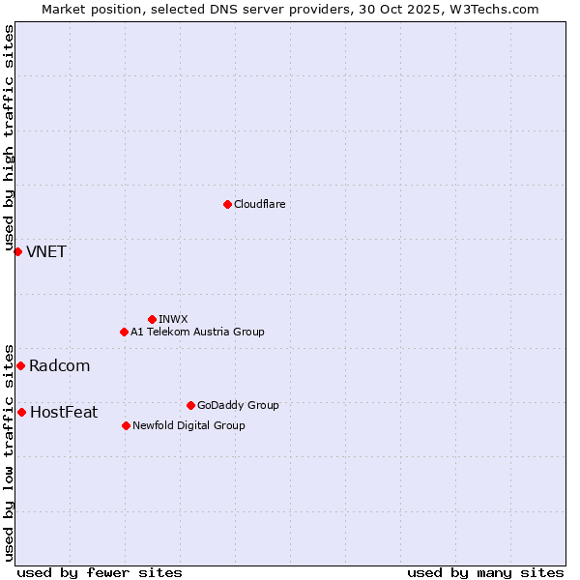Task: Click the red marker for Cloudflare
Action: (227, 204)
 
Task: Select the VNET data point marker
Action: (17, 251)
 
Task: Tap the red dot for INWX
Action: (152, 319)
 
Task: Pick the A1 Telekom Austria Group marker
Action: (124, 332)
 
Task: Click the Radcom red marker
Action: (20, 365)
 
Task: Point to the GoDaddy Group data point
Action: (190, 405)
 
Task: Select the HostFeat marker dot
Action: (21, 412)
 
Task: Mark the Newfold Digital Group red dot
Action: (126, 425)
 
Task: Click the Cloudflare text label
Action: (259, 204)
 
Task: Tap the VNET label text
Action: (46, 252)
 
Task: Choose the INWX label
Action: (173, 319)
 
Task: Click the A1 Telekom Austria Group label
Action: (197, 332)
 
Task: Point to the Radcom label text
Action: (59, 366)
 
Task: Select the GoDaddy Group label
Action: (238, 405)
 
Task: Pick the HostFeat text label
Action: (64, 413)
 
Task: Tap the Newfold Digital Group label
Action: (188, 425)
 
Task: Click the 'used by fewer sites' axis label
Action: (100, 572)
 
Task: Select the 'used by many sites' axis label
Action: (485, 572)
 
